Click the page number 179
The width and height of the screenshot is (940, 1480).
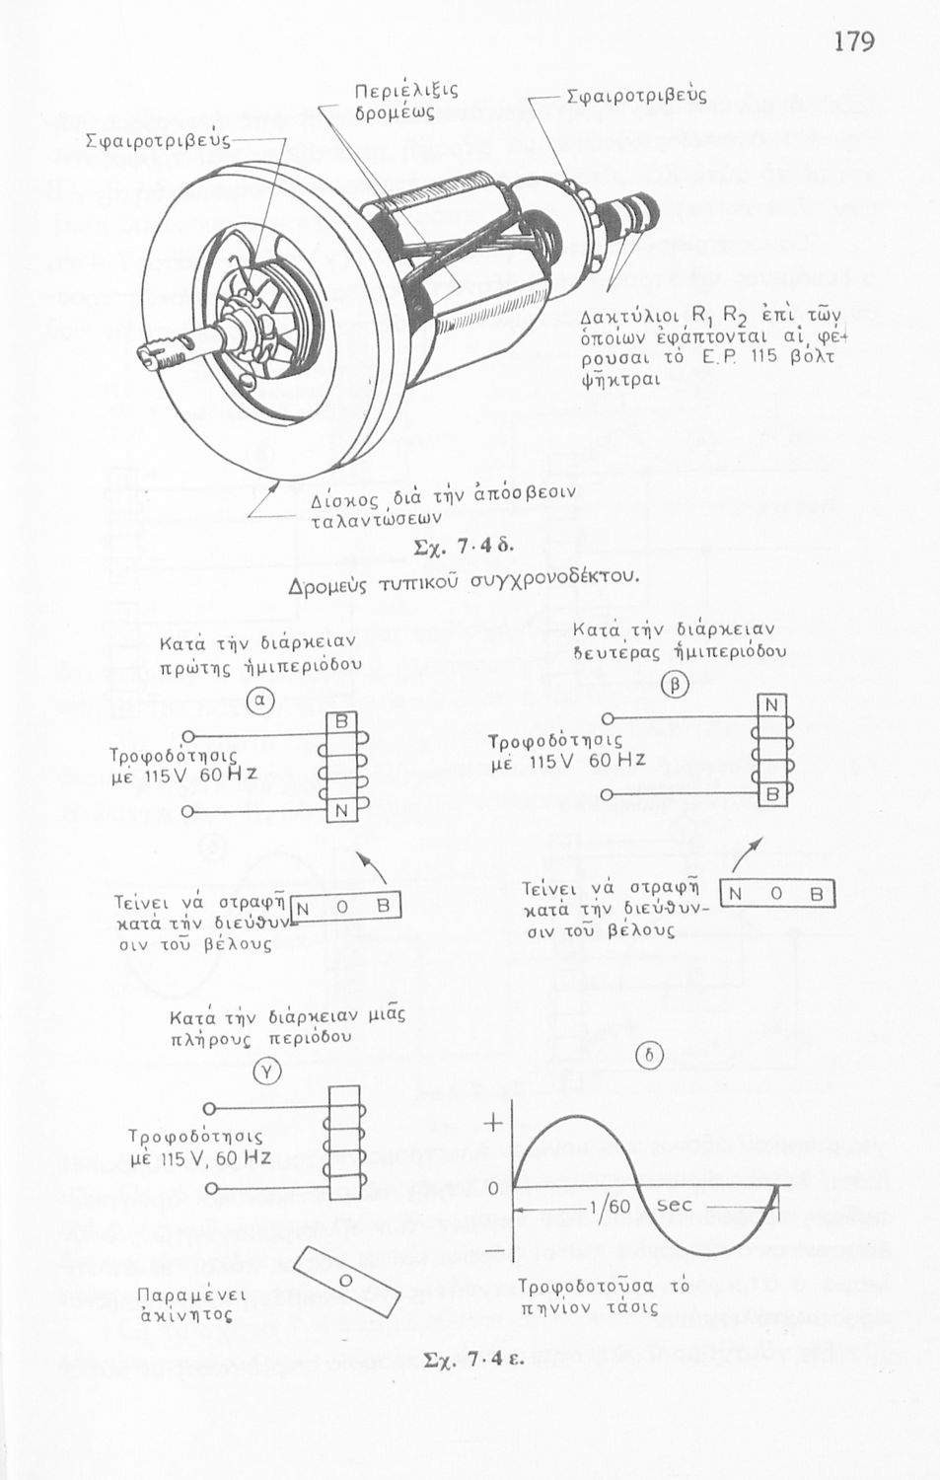click(853, 41)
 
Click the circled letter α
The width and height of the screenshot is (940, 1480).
click(258, 700)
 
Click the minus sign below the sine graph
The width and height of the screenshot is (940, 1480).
click(493, 1250)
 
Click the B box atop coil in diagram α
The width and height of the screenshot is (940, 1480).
click(340, 721)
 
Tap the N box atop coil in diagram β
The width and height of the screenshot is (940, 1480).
click(772, 704)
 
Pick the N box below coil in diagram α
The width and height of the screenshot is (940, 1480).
click(340, 811)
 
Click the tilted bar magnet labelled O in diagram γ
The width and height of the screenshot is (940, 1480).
click(347, 1280)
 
